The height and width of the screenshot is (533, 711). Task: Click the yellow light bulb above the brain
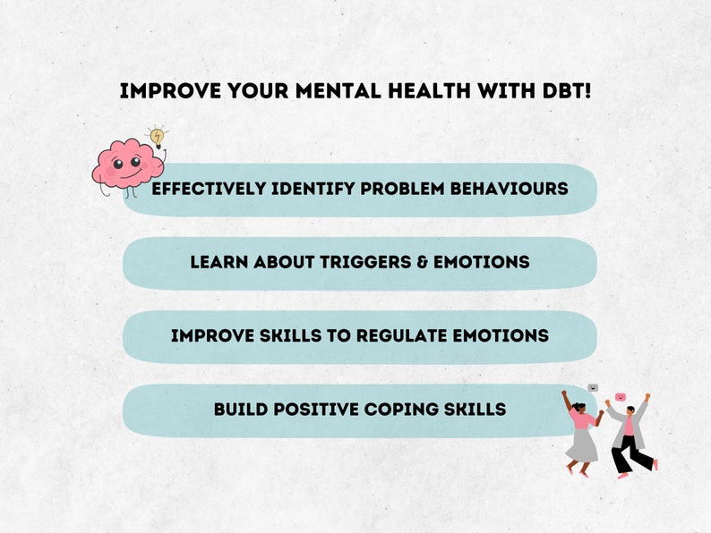pos(158,136)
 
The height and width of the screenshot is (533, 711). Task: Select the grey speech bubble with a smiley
pos(592,388)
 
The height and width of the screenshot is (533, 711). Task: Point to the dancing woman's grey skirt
pos(580,444)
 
